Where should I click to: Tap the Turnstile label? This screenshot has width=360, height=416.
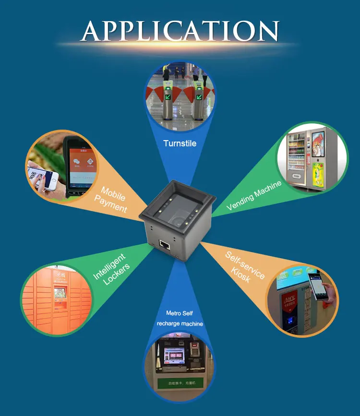click(180, 143)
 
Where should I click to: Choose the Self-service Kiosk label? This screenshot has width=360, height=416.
click(243, 267)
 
